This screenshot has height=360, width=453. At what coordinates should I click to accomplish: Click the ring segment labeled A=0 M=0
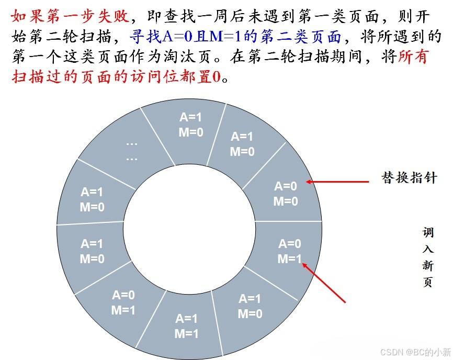click(x=286, y=193)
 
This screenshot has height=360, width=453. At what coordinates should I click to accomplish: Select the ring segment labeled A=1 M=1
click(x=187, y=326)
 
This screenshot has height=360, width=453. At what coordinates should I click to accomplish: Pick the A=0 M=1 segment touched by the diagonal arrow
click(x=289, y=251)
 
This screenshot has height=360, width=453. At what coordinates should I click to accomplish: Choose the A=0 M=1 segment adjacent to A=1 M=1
click(x=123, y=302)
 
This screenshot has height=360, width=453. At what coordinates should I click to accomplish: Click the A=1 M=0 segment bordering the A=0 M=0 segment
click(x=242, y=144)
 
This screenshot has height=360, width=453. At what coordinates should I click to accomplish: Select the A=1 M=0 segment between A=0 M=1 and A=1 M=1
click(x=250, y=306)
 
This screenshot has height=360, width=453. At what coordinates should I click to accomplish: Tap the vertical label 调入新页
click(x=428, y=257)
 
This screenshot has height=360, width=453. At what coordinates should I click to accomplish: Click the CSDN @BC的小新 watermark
click(x=415, y=351)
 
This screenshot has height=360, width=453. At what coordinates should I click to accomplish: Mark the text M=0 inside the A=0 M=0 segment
click(x=286, y=201)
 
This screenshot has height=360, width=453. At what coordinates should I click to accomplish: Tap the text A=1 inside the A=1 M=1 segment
click(x=187, y=319)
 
